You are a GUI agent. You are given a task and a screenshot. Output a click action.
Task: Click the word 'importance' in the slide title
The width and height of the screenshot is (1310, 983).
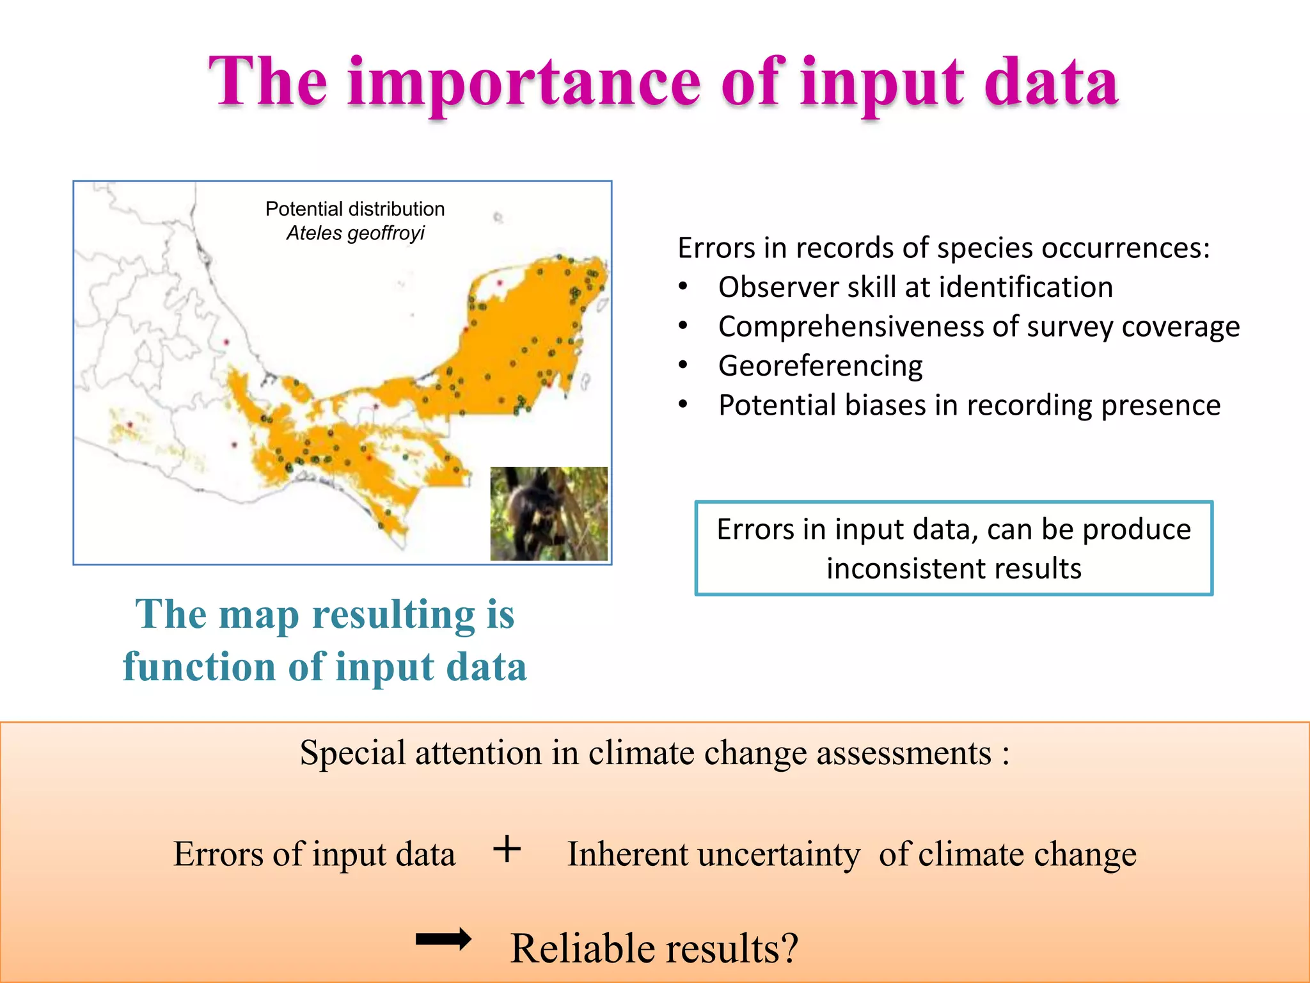pos(525,83)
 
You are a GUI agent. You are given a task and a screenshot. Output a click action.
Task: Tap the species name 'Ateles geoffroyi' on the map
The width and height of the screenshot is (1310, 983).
pos(355,233)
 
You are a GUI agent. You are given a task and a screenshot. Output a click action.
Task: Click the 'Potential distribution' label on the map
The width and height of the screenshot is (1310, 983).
pos(355,209)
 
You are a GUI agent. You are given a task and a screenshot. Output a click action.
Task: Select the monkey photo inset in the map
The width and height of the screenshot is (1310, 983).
pos(549,514)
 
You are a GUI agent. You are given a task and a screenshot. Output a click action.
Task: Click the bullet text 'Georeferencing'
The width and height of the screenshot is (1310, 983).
pos(820,366)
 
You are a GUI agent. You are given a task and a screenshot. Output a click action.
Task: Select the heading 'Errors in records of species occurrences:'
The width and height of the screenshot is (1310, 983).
pos(943,248)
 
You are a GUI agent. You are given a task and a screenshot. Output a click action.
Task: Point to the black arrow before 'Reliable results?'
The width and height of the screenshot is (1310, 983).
pos(443,939)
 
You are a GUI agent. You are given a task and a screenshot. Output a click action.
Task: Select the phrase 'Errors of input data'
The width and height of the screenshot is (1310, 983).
pos(314,854)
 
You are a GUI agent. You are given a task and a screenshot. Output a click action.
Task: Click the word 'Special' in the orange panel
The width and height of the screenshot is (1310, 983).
pos(352,753)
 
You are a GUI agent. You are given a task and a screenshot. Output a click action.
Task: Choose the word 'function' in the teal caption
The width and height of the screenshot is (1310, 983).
pos(200,667)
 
